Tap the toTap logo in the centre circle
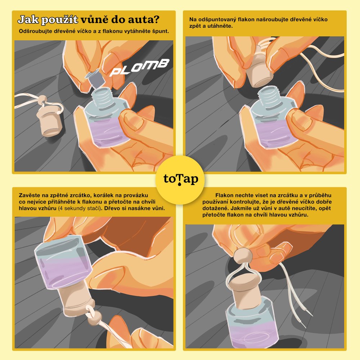coord(181,179)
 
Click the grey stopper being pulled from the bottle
coord(95,78)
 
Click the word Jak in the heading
coord(28,20)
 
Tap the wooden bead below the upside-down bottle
coord(94,318)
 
